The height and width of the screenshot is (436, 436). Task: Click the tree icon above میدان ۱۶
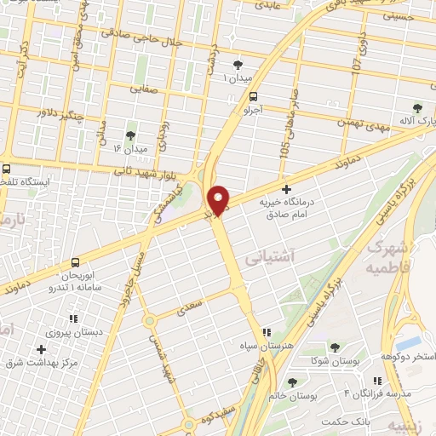click(130, 135)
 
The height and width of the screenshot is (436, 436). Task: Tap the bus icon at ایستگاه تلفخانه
click(7, 169)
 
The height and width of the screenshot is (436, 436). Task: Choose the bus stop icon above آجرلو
click(241, 96)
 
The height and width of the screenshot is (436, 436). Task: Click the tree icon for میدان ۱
click(238, 65)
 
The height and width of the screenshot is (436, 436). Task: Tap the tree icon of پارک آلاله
click(416, 107)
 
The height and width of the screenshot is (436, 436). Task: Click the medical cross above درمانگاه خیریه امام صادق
click(285, 189)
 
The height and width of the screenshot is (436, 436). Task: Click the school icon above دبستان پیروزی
click(73, 318)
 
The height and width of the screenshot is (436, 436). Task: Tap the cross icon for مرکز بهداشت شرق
click(41, 349)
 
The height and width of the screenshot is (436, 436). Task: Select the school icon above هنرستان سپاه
click(267, 332)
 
